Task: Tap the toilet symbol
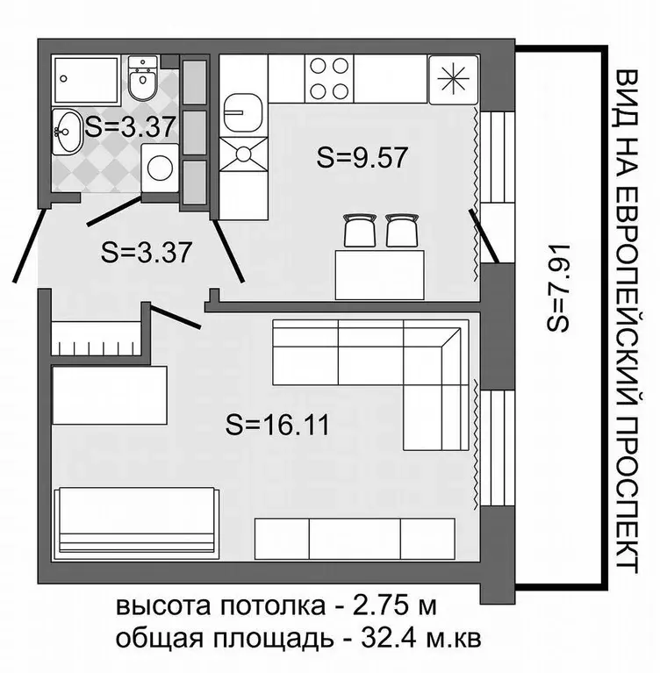point(141,81)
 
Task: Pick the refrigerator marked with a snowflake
point(451,77)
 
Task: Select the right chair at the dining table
point(402,229)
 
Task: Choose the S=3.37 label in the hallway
point(147,253)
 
